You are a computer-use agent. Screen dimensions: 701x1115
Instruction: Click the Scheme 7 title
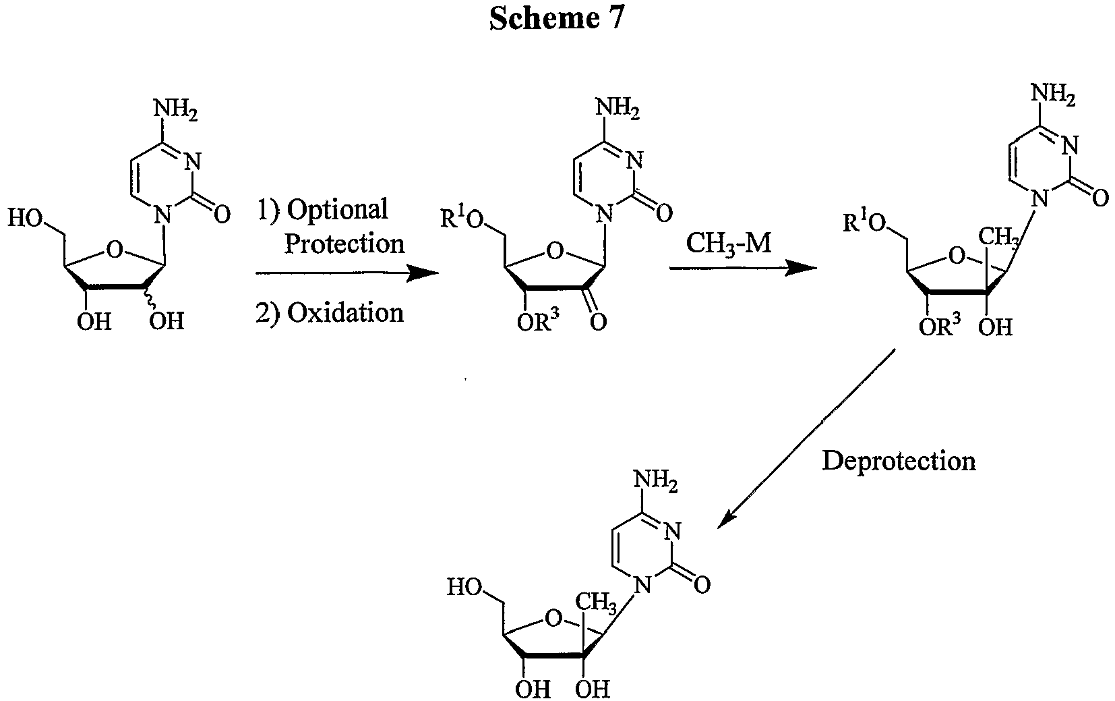click(557, 19)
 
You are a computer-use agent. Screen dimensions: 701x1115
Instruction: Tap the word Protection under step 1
click(344, 244)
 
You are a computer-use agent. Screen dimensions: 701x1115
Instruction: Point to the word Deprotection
click(899, 461)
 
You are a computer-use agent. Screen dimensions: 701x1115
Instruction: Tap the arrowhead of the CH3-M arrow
click(802, 268)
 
